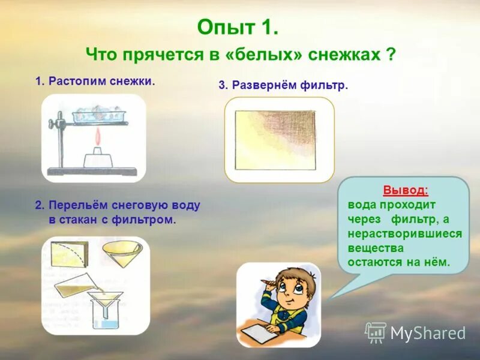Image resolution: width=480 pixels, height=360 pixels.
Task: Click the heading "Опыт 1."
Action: pyautogui.click(x=237, y=28)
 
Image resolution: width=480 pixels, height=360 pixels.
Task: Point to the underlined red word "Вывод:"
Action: pyautogui.click(x=406, y=190)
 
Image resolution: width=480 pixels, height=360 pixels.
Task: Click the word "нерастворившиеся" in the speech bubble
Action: pyautogui.click(x=404, y=234)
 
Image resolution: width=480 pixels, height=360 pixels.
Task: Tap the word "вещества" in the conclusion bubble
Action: pyautogui.click(x=376, y=248)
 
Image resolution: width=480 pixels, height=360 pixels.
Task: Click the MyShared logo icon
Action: pyautogui.click(x=376, y=332)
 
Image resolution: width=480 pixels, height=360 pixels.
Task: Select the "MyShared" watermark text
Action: pyautogui.click(x=428, y=333)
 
